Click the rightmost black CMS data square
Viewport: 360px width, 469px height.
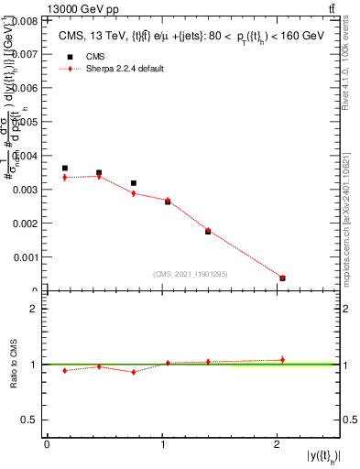pyautogui.click(x=282, y=278)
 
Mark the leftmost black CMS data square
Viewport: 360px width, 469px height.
pyautogui.click(x=64, y=169)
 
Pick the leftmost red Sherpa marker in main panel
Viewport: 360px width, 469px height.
pyautogui.click(x=64, y=177)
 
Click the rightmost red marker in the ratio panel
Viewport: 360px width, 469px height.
pyautogui.click(x=282, y=360)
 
